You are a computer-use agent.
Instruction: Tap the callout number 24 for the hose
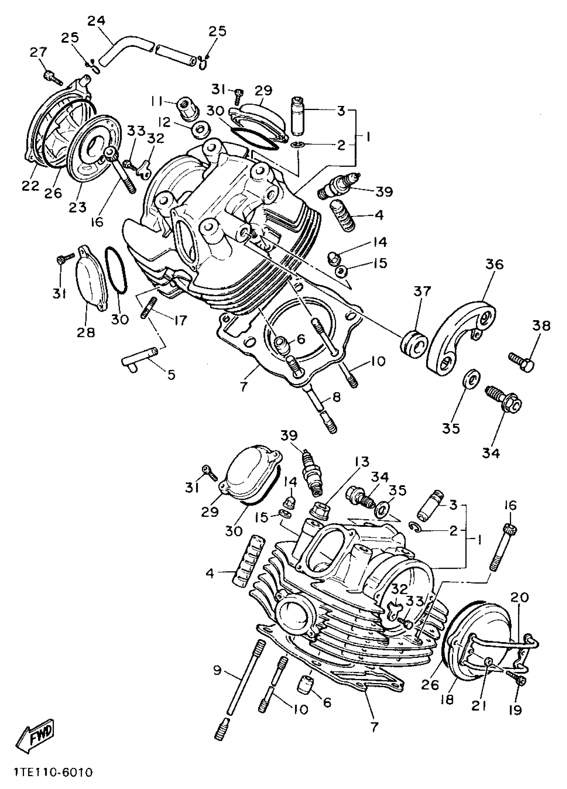[96, 21]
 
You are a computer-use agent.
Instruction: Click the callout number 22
[30, 186]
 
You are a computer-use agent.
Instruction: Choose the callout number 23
[77, 208]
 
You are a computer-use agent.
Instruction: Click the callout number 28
[86, 333]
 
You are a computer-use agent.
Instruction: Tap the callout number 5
[171, 375]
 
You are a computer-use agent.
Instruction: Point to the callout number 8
[337, 397]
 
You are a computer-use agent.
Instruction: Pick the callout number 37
[422, 291]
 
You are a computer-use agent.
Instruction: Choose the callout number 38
[541, 326]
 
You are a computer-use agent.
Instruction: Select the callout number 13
[362, 462]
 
